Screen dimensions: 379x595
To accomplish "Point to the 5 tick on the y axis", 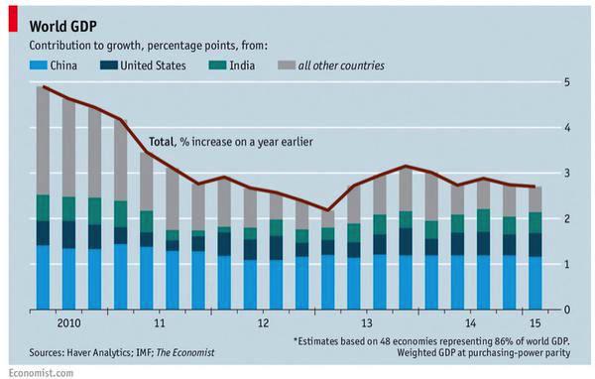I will (x=566, y=82).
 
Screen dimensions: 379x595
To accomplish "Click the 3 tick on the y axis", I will (x=566, y=174).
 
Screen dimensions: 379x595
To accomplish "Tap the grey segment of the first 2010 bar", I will (x=43, y=140).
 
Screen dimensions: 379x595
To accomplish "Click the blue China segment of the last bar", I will (x=534, y=283).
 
